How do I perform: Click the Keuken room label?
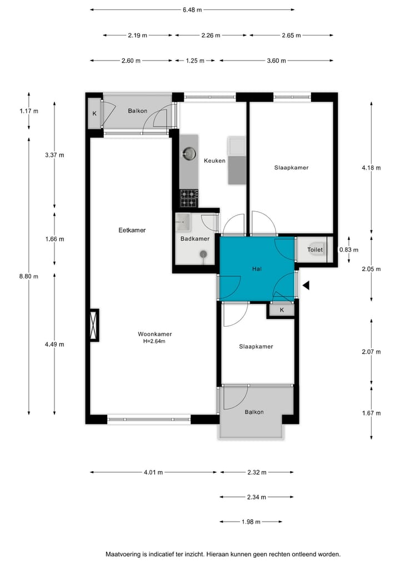click(214, 161)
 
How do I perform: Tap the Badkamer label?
click(194, 239)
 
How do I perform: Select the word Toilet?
click(315, 250)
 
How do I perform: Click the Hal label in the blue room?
click(257, 269)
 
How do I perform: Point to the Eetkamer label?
click(132, 230)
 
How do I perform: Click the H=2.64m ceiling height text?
click(154, 342)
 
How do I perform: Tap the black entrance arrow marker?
click(305, 286)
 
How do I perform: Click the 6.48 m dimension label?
click(192, 9)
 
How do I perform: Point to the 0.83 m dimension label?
click(349, 249)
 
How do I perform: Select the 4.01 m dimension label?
click(153, 473)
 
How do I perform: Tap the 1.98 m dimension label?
click(251, 522)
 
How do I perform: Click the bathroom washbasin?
click(183, 222)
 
